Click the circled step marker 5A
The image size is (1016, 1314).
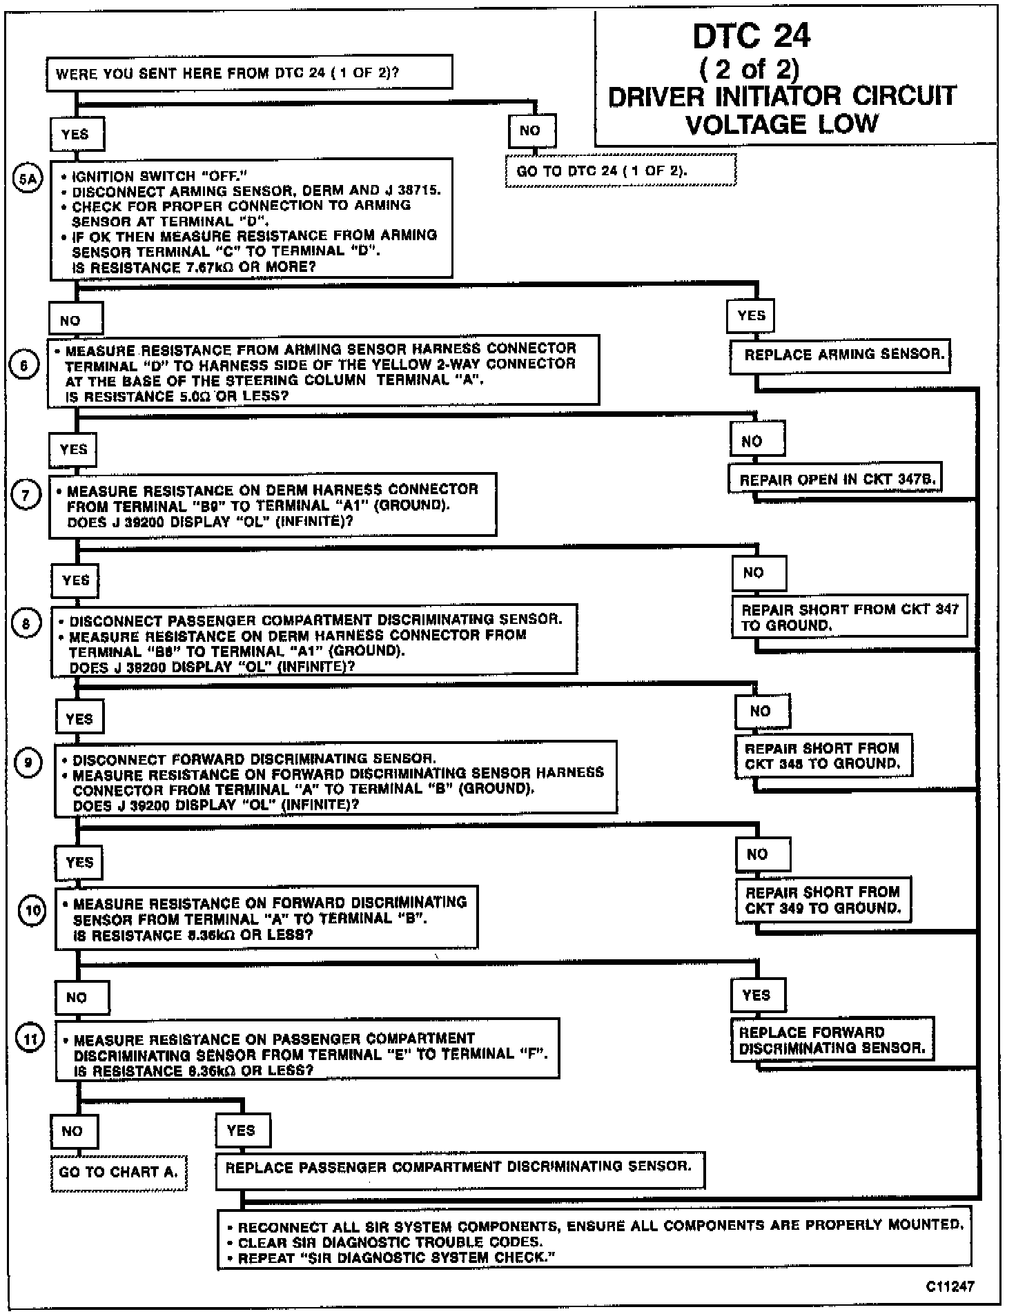28,179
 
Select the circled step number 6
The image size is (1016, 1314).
25,364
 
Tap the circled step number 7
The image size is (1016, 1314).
26,496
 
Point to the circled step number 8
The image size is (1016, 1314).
27,625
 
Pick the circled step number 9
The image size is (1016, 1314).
29,762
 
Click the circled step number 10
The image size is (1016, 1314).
31,910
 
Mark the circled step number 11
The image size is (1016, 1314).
31,1038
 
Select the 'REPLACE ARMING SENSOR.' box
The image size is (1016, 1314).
840,355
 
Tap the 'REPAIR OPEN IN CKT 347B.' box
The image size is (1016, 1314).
835,479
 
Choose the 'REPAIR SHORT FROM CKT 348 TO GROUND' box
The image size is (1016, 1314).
823,756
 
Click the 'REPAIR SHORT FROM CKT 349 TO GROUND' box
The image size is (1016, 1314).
823,900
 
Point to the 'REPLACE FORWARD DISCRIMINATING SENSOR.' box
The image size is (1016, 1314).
832,1040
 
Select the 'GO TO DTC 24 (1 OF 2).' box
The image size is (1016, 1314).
621,170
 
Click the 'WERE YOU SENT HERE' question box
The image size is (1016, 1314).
249,73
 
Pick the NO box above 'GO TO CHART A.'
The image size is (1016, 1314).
75,1131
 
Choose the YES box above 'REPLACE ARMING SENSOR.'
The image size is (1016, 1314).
750,316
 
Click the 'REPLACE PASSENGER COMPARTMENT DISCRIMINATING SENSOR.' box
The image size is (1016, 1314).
460,1167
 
